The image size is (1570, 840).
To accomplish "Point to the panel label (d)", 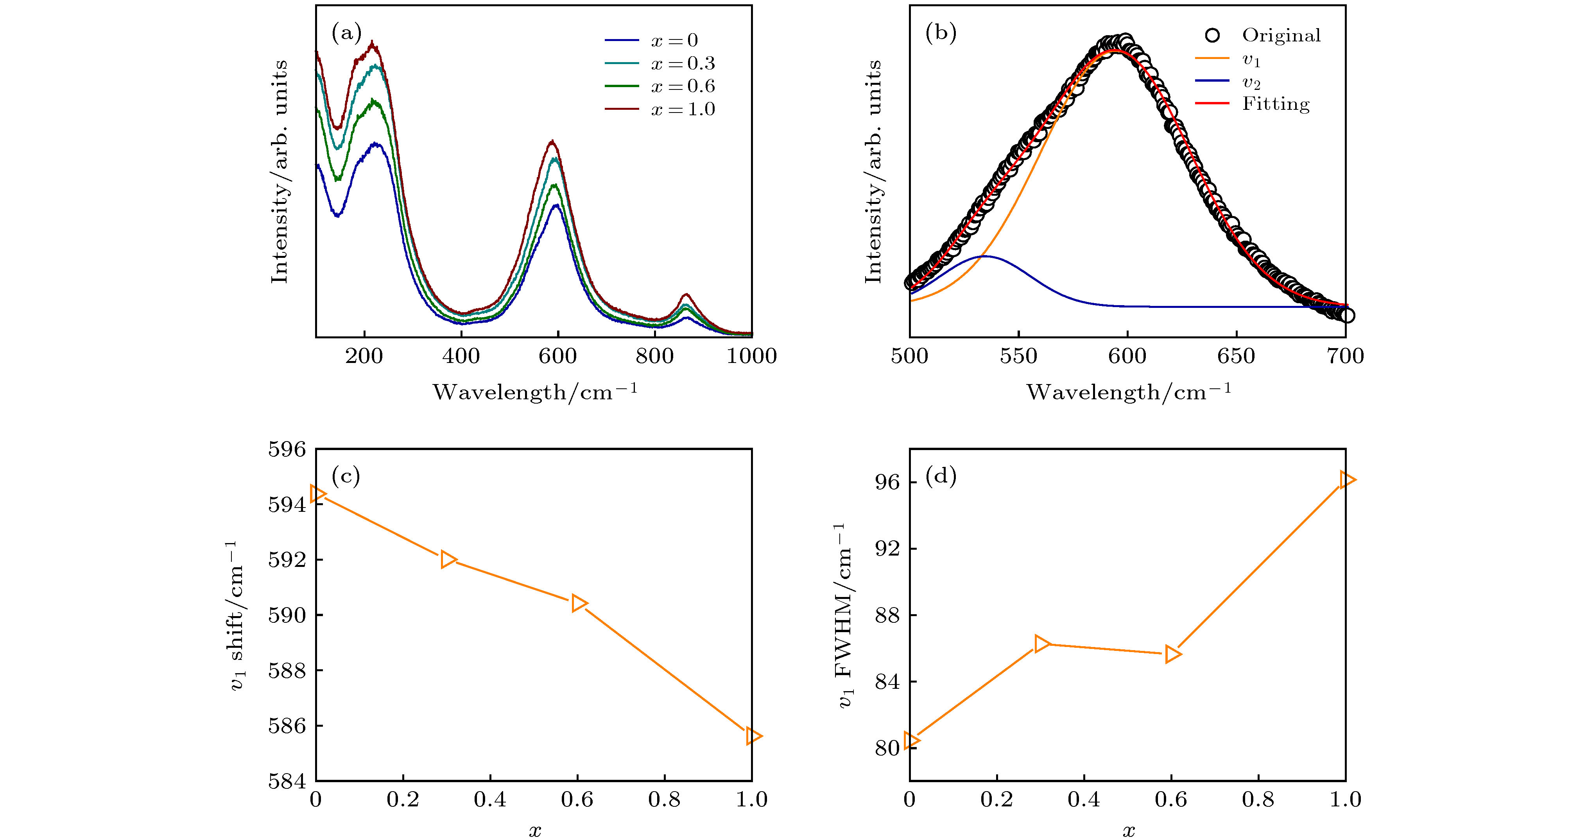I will click(941, 476).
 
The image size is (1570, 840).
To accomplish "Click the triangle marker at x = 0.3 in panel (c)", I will click(448, 559).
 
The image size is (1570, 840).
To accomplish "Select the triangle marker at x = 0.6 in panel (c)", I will click(578, 603).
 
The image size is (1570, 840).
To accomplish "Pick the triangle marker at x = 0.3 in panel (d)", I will click(1041, 643).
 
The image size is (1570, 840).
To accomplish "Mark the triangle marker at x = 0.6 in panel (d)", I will click(1172, 654).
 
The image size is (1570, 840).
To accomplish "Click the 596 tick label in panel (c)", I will click(287, 450).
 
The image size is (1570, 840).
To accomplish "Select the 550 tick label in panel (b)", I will click(1018, 356).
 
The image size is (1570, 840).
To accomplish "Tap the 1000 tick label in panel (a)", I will click(751, 356).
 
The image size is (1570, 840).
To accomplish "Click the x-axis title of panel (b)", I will click(1128, 392).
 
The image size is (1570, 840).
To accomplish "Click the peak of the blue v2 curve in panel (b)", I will click(984, 256).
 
